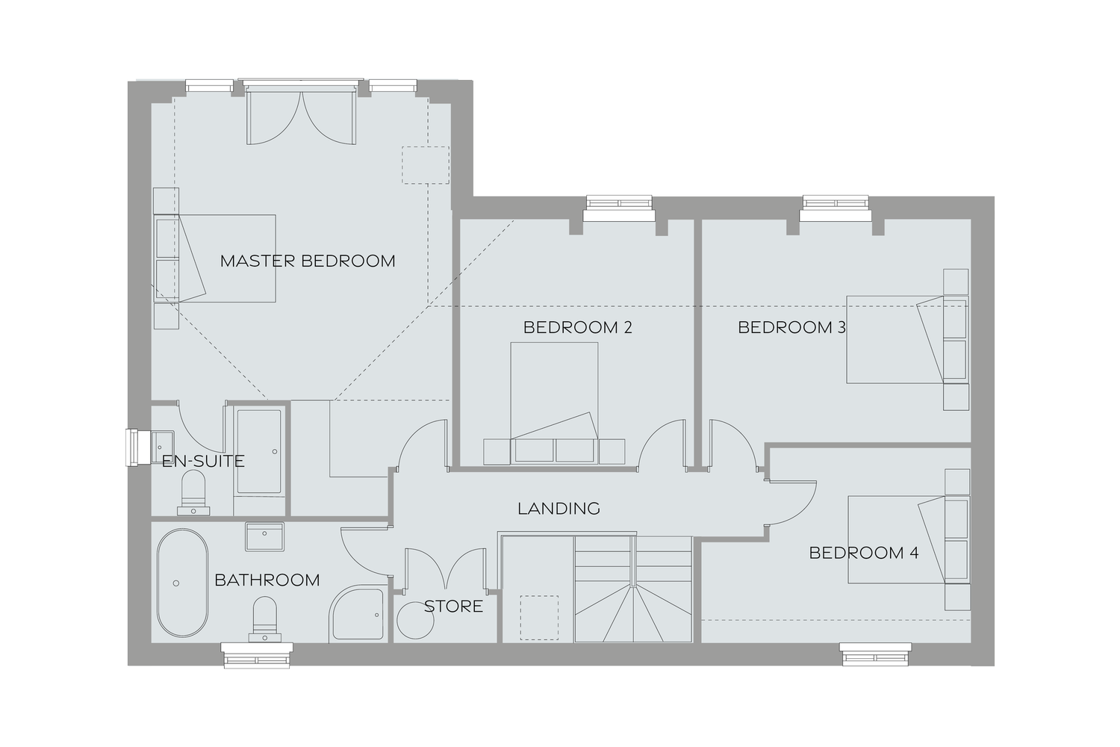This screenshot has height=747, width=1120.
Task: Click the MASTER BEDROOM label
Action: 307,261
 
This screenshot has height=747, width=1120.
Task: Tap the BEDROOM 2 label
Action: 577,327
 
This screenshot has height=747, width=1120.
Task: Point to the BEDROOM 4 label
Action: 864,553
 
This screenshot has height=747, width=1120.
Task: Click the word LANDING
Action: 559,509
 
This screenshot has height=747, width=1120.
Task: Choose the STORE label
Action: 453,606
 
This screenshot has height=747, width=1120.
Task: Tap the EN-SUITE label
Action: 203,461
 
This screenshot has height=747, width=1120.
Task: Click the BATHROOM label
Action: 267,580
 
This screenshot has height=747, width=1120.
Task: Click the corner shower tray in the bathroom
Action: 358,615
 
